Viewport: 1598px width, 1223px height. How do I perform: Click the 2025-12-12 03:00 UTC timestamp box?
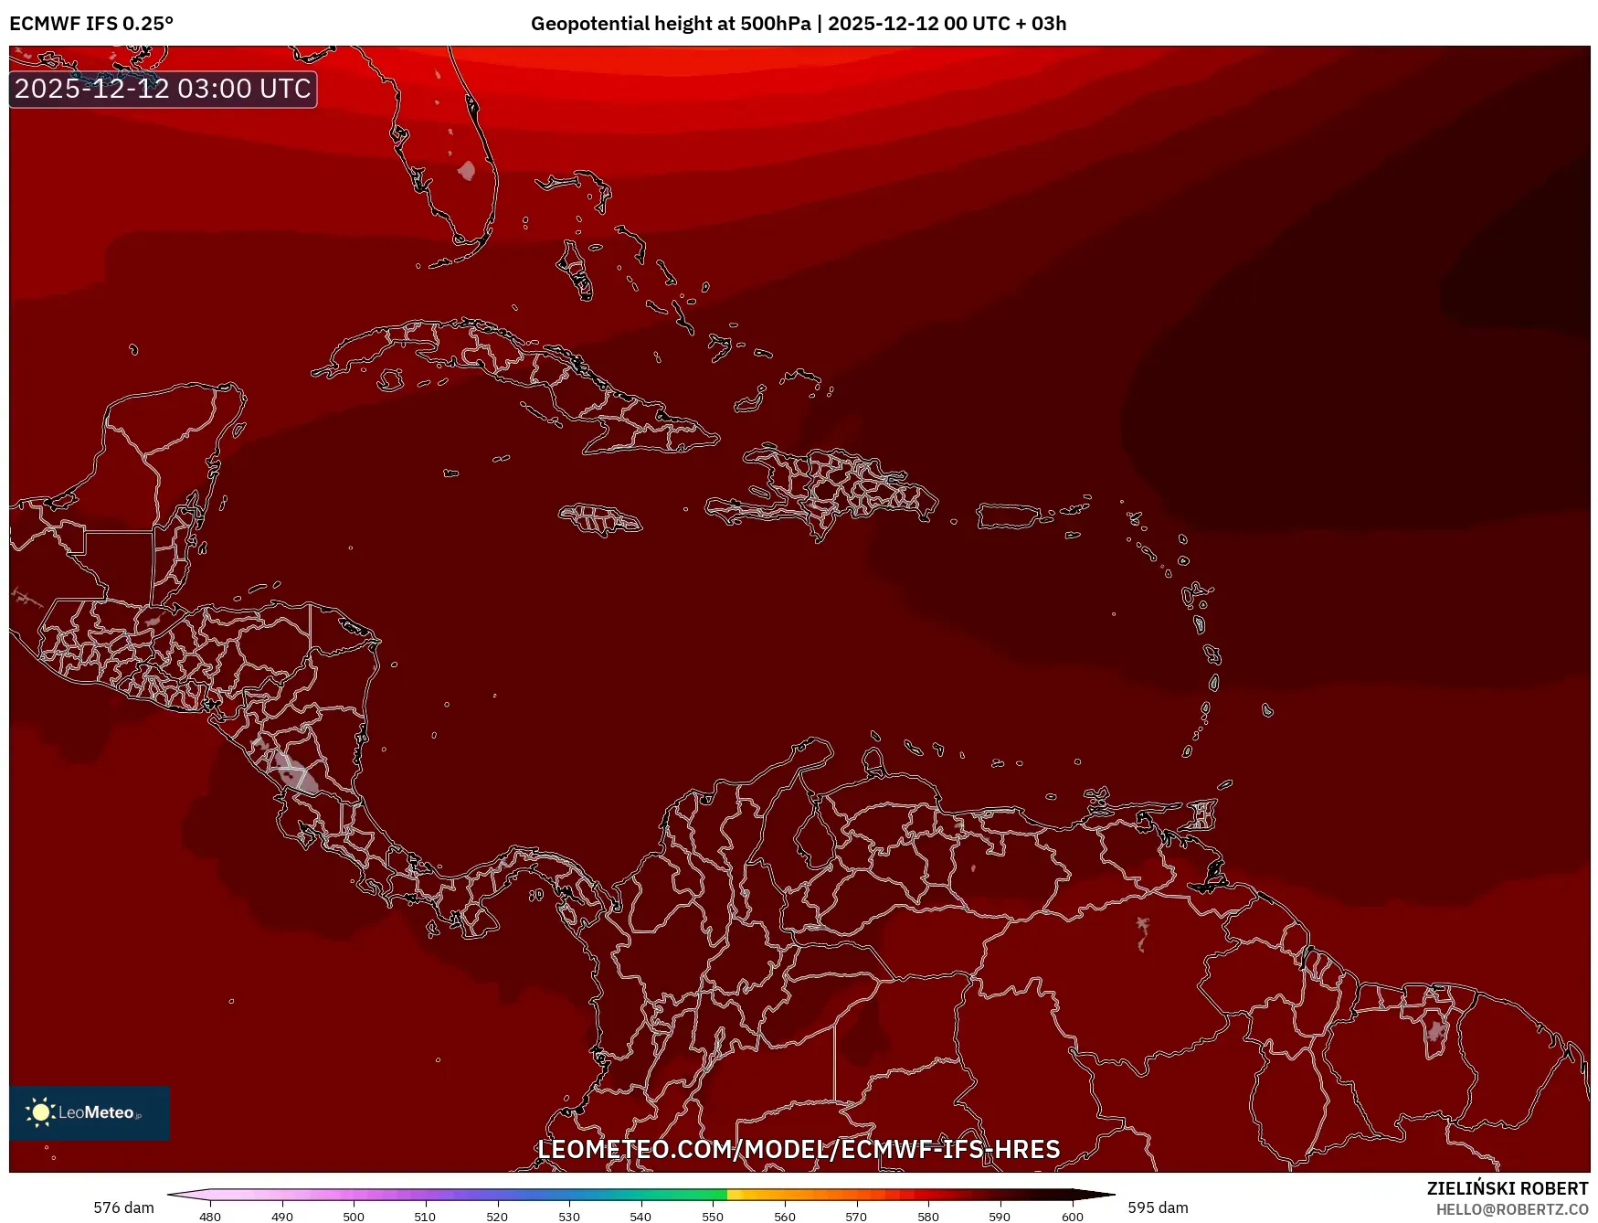click(163, 89)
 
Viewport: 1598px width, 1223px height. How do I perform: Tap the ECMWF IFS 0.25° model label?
click(90, 24)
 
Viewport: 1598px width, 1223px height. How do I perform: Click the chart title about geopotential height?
click(798, 24)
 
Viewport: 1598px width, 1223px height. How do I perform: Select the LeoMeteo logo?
click(90, 1112)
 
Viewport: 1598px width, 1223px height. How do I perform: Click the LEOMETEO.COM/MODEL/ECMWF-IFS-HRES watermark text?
click(798, 1149)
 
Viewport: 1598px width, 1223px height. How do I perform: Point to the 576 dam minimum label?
click(123, 1207)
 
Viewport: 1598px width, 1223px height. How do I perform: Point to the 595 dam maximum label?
click(1158, 1207)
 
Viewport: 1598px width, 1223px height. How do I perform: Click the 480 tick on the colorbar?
click(210, 1217)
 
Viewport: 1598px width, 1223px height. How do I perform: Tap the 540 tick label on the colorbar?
click(640, 1217)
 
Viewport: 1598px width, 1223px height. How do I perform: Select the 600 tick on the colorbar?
click(1072, 1217)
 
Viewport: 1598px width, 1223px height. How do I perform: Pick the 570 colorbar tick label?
click(856, 1217)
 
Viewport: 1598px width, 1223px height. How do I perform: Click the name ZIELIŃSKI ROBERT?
click(1507, 1188)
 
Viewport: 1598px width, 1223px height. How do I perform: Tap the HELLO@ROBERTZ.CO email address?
click(1511, 1209)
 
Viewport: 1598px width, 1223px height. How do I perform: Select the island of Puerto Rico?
click(1009, 516)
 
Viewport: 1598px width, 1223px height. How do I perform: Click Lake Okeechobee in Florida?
click(467, 170)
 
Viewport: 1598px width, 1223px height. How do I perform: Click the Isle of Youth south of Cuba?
click(390, 379)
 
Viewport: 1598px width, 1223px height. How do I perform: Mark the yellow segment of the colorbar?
click(741, 1194)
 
